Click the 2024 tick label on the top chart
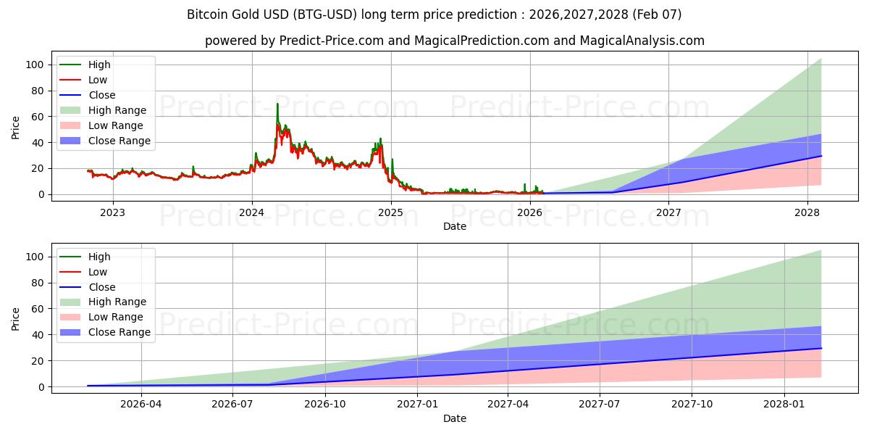[x=252, y=212]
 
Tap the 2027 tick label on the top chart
[x=668, y=212]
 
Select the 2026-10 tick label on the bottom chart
[x=324, y=405]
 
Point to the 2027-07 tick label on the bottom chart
[x=600, y=405]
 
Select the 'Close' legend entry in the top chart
[x=102, y=95]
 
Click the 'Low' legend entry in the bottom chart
[x=98, y=272]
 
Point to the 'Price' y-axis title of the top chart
[x=16, y=127]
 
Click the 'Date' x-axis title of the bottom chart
[x=454, y=418]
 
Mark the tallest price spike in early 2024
[x=277, y=104]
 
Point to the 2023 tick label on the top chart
[x=112, y=212]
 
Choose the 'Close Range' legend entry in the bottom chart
[x=119, y=332]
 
